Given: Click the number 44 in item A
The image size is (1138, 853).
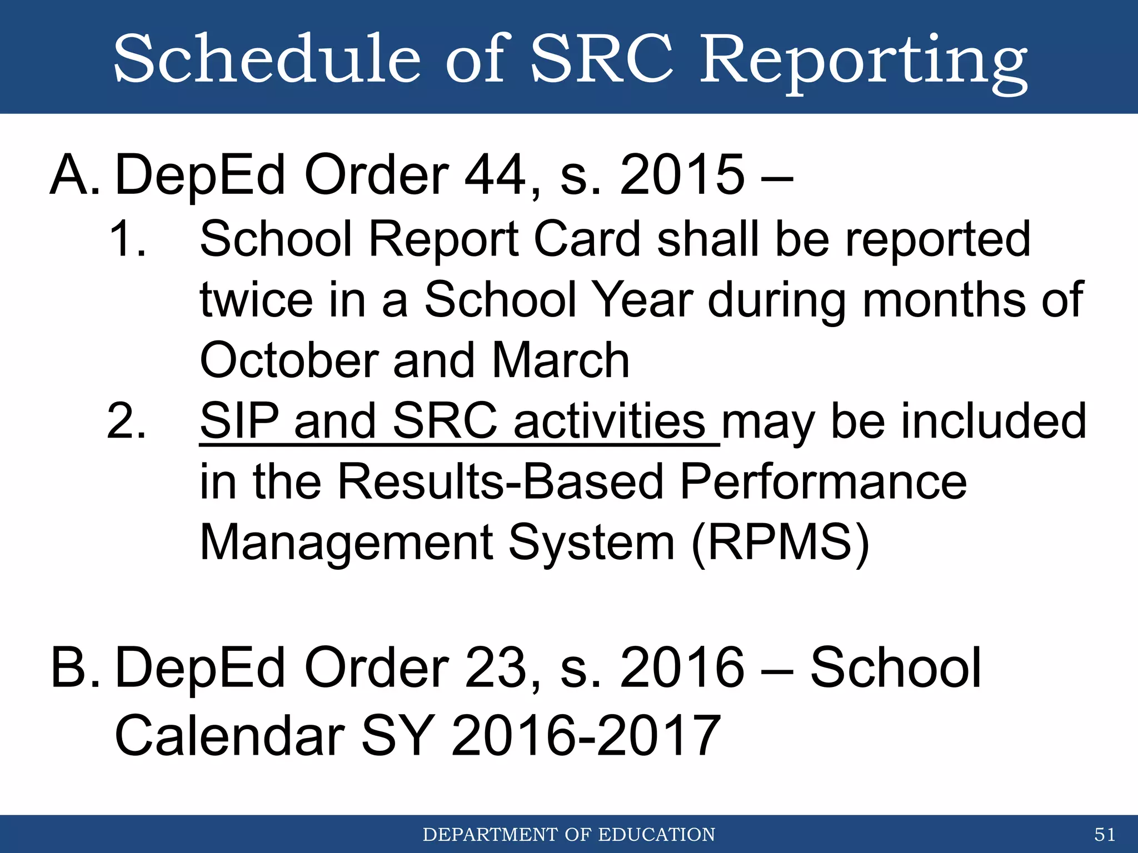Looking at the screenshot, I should (495, 175).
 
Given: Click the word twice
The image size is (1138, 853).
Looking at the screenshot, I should (256, 300).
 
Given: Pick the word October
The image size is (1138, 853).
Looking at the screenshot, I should (289, 361).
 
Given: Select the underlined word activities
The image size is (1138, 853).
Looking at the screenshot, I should (609, 421).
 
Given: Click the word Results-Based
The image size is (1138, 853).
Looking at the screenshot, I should (500, 482).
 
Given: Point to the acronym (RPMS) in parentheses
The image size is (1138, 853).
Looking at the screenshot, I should (780, 543).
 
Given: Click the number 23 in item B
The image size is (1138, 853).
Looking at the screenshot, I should (495, 668).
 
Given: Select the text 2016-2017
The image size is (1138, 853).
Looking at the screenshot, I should (586, 736).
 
